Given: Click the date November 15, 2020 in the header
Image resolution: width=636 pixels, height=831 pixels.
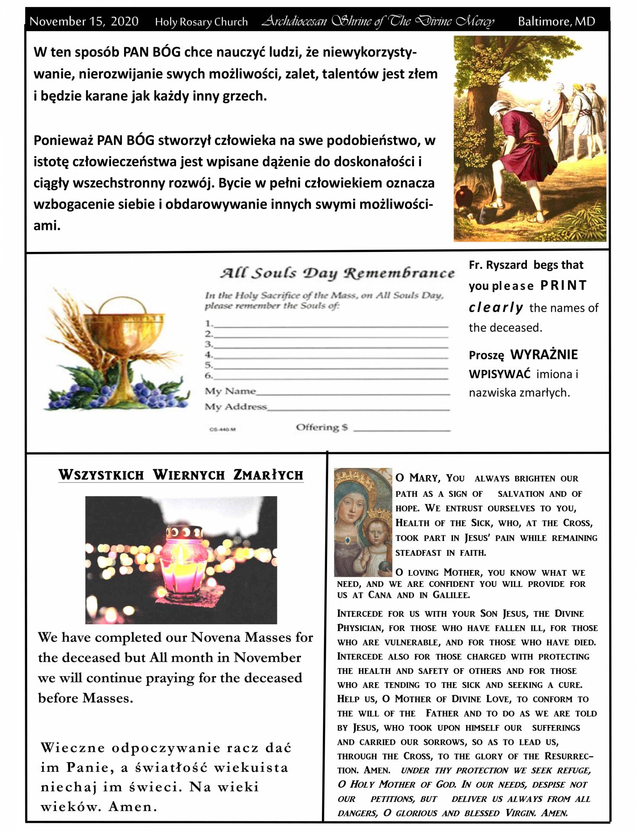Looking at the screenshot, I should pyautogui.click(x=84, y=21).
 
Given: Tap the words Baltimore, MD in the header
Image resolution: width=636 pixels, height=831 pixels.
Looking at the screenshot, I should pyautogui.click(x=556, y=21).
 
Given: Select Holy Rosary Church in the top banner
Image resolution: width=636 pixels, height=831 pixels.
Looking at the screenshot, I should pyautogui.click(x=201, y=22).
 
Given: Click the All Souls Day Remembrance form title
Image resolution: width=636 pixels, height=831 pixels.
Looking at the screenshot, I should pyautogui.click(x=337, y=273).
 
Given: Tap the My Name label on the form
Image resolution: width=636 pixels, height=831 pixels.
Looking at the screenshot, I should pyautogui.click(x=230, y=391).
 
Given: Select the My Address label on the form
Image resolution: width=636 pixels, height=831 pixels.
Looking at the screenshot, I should pyautogui.click(x=236, y=407).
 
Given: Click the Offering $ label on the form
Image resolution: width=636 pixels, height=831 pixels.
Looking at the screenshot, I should pyautogui.click(x=321, y=428).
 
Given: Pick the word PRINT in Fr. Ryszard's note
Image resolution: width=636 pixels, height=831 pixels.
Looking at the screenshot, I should pyautogui.click(x=563, y=286).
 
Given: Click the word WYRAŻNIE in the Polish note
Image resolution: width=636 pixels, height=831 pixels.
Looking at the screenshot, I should pyautogui.click(x=544, y=355).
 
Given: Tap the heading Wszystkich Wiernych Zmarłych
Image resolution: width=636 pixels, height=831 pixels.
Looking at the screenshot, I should pyautogui.click(x=181, y=475).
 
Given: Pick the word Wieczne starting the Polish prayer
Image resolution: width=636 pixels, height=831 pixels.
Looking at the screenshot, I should pyautogui.click(x=73, y=748).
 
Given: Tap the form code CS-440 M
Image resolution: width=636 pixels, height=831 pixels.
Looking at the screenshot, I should pyautogui.click(x=222, y=430).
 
